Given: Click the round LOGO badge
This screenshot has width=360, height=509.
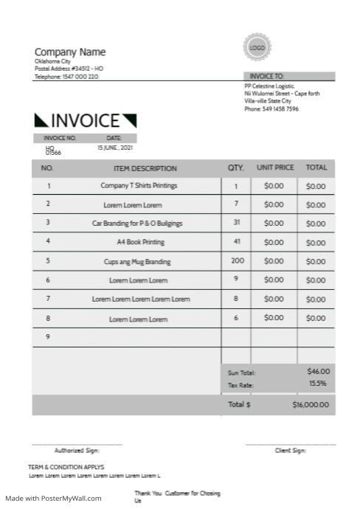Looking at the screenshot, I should point(257,47).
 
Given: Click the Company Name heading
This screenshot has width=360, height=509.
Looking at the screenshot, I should point(70,52).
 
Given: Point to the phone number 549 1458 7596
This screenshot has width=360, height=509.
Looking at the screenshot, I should point(271,109).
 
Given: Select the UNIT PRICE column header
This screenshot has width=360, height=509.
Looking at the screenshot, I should point(275,167).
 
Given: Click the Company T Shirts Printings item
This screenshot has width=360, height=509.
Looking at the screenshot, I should point(139,186).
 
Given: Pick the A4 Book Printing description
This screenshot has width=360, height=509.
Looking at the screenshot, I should point(140,242).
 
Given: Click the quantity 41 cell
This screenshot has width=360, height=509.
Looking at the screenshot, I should point(237,242).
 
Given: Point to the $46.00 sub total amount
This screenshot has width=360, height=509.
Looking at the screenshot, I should point(319,372).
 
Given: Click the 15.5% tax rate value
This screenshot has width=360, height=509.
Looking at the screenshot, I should point(318,384).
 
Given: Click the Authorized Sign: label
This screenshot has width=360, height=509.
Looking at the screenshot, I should point(77,450).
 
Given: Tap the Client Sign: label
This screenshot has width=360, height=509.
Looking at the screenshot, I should point(290,450).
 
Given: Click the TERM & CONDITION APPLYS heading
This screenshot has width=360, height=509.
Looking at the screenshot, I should point(66,467).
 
